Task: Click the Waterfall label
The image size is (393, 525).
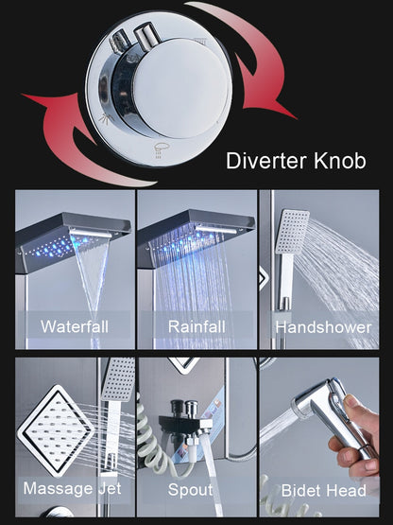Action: tap(74, 327)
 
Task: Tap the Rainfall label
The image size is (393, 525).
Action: tap(196, 327)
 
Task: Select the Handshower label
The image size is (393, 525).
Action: tap(323, 327)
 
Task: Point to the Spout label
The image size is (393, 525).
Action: tap(191, 489)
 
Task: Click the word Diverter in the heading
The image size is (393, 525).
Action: tap(266, 159)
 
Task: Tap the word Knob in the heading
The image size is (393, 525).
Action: tap(337, 159)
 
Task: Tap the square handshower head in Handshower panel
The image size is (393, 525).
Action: tap(293, 231)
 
